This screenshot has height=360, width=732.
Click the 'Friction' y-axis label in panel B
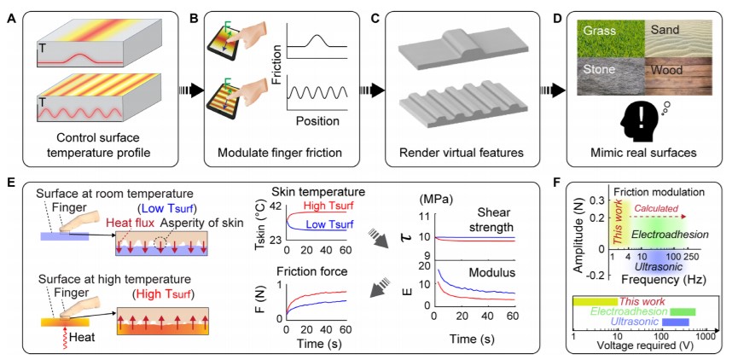(x=276, y=73)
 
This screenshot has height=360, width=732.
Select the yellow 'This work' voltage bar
(x=595, y=302)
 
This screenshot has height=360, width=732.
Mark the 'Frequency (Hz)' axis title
(x=658, y=278)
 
